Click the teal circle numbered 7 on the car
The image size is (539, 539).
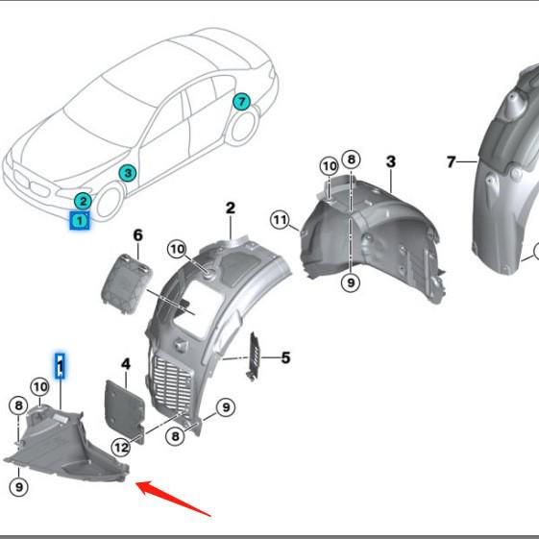point(242,102)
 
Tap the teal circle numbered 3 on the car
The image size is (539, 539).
point(128,173)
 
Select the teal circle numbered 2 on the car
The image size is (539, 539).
point(83,202)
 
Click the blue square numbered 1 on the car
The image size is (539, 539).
point(80,220)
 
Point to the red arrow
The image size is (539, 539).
point(173,498)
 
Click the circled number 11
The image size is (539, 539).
point(281,220)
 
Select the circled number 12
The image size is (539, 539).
point(121,448)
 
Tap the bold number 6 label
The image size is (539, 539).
point(137,235)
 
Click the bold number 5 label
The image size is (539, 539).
point(285,357)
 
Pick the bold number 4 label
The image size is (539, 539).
point(126,364)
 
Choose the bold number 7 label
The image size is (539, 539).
point(452,161)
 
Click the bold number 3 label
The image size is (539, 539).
point(391,161)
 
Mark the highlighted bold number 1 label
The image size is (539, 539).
point(61,366)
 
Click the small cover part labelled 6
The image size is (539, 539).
point(126,282)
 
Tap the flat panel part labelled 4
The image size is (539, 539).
point(125,411)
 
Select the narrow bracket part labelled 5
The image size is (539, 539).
point(254,356)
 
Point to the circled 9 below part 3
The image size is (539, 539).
point(351,282)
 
